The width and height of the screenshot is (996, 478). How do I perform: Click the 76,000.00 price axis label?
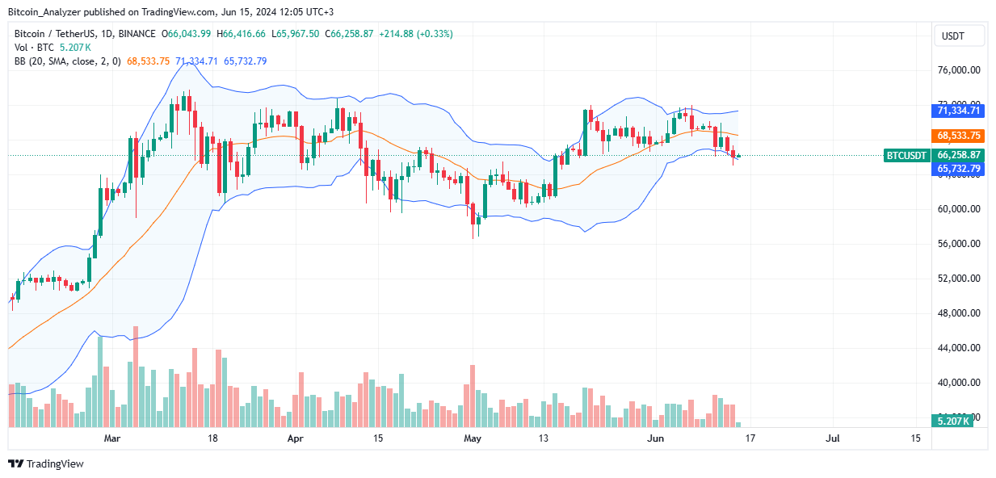[959, 70]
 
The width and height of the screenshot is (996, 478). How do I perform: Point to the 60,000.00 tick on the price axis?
[959, 209]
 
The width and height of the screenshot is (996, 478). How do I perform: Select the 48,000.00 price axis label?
[959, 313]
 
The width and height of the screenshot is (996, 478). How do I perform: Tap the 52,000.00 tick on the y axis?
[959, 279]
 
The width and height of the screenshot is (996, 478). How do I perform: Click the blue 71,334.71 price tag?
[959, 111]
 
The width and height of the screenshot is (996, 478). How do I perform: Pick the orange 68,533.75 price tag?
[959, 136]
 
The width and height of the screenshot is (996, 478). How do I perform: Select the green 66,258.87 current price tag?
[959, 155]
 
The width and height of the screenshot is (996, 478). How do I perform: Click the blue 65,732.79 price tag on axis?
[959, 168]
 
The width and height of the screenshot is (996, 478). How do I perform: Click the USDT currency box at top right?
[959, 36]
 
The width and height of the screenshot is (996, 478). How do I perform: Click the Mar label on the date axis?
[113, 438]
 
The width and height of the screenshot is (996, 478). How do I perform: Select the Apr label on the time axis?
[296, 438]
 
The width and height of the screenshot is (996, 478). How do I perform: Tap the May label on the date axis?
[473, 438]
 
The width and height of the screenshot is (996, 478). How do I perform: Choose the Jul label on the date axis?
[833, 438]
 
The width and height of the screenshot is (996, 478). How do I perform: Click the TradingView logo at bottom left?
[46, 463]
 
